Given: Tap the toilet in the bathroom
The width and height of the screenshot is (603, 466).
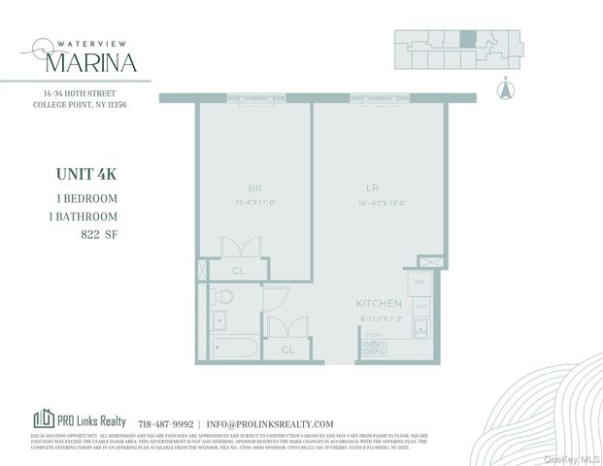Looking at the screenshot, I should (222, 295).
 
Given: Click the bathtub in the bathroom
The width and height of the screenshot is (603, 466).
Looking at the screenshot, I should (233, 347).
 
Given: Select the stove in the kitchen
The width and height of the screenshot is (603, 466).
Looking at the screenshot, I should (374, 344).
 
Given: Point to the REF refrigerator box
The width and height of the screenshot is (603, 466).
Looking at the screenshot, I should (420, 283).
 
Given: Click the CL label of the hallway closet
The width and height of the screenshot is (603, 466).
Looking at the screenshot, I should (287, 349).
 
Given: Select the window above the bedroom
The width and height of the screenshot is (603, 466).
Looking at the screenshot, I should (254, 97).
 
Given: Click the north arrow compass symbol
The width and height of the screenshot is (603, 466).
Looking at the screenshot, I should (504, 89).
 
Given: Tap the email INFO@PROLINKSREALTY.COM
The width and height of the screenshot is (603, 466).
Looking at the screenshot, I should (271, 424).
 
